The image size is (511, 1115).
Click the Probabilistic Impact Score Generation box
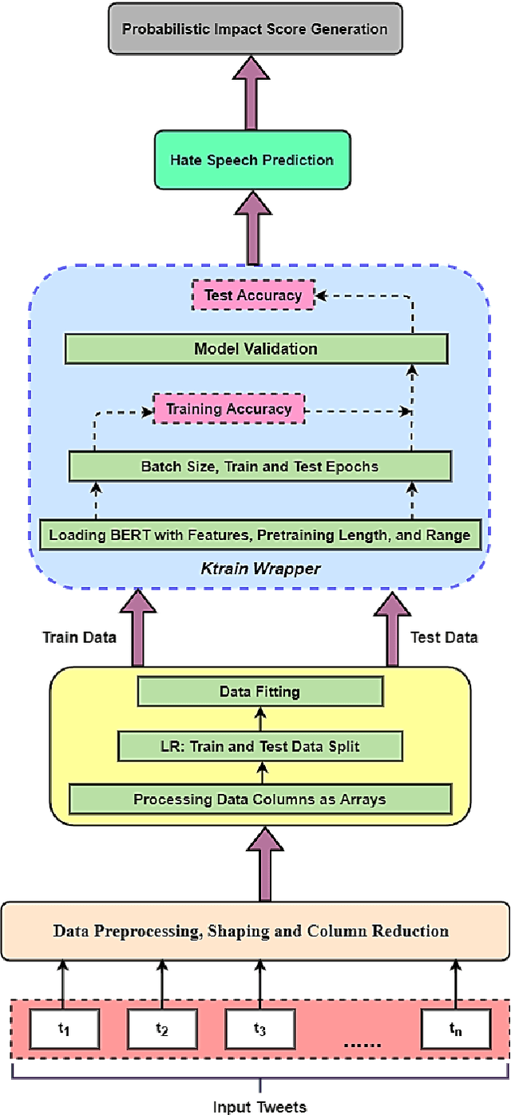[x=254, y=30]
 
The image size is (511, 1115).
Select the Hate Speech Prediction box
[x=252, y=160]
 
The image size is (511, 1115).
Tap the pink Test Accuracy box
[x=253, y=296]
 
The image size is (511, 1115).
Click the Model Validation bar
[x=255, y=348]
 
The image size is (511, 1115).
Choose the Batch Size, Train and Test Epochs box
[x=259, y=466]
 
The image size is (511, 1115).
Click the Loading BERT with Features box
[x=259, y=534]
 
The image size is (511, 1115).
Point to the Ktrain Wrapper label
[x=259, y=569]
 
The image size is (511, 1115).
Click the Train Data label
[x=79, y=637]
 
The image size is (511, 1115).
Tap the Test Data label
[x=444, y=637]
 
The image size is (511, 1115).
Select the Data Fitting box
[x=259, y=692]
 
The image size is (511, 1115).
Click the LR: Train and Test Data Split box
[x=259, y=747]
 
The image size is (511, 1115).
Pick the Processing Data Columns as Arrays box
[x=259, y=799]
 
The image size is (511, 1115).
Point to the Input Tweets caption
[x=259, y=1106]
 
